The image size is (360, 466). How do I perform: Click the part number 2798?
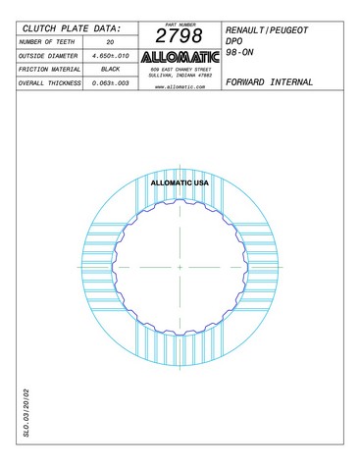(179, 35)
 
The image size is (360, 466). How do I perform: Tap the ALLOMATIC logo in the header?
(180, 57)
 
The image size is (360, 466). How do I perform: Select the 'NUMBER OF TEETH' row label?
(47, 42)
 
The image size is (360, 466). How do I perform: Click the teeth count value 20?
(110, 42)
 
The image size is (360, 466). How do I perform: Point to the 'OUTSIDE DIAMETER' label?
(48, 56)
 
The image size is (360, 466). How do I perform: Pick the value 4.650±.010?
(111, 56)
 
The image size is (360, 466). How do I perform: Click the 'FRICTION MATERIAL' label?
(49, 70)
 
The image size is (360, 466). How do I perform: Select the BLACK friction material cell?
(111, 70)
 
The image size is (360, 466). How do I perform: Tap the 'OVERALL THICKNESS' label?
(49, 83)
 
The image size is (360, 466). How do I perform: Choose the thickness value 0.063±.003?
(111, 83)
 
